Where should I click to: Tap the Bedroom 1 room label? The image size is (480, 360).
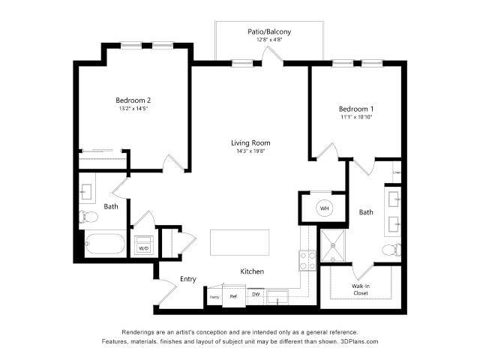pos(356,109)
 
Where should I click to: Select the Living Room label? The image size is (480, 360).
pos(250,142)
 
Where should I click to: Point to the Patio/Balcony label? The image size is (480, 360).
pos(269,31)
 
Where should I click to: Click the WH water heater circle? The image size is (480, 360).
pos(325,208)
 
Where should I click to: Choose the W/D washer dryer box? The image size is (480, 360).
pos(144,247)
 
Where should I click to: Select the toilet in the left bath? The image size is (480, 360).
pos(88,217)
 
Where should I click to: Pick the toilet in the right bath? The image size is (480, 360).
pos(391,250)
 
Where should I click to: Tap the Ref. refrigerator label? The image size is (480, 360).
pos(233,296)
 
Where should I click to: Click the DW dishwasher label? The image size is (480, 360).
pos(255,295)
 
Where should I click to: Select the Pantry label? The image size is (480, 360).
pos(214,297)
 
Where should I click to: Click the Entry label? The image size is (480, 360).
pos(187,279)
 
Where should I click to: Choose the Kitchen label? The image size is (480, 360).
pos(251,271)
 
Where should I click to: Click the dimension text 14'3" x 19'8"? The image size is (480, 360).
pos(250,151)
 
